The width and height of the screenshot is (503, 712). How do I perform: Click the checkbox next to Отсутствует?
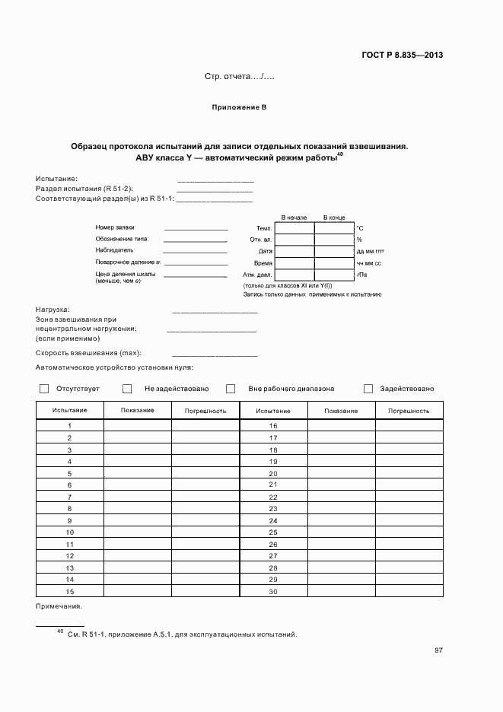pos(44,389)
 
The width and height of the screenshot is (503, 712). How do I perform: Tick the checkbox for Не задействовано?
pos(127,389)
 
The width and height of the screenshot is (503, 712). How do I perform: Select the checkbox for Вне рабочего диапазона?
pos(231,389)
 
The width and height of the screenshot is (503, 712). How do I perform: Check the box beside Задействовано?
pos(368,389)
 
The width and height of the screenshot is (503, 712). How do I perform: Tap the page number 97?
pos(438,650)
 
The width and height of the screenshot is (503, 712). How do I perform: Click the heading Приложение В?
pos(238,108)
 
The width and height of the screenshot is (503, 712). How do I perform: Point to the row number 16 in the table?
pos(273,426)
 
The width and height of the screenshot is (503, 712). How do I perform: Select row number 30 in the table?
pos(273,592)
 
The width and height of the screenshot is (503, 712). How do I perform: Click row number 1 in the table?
pos(69,426)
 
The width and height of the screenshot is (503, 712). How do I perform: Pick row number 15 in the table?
pos(69,592)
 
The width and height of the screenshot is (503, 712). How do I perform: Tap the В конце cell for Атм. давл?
pos(334,275)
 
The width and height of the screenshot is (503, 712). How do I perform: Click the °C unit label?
pos(360,228)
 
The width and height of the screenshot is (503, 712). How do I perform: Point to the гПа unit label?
pos(361,275)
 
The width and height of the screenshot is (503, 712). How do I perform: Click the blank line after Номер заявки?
pos(196,229)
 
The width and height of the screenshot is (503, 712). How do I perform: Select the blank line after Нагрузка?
pos(215,312)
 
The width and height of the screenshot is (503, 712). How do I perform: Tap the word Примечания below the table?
pos(59,606)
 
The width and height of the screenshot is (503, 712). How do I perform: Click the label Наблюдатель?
pos(115,250)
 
